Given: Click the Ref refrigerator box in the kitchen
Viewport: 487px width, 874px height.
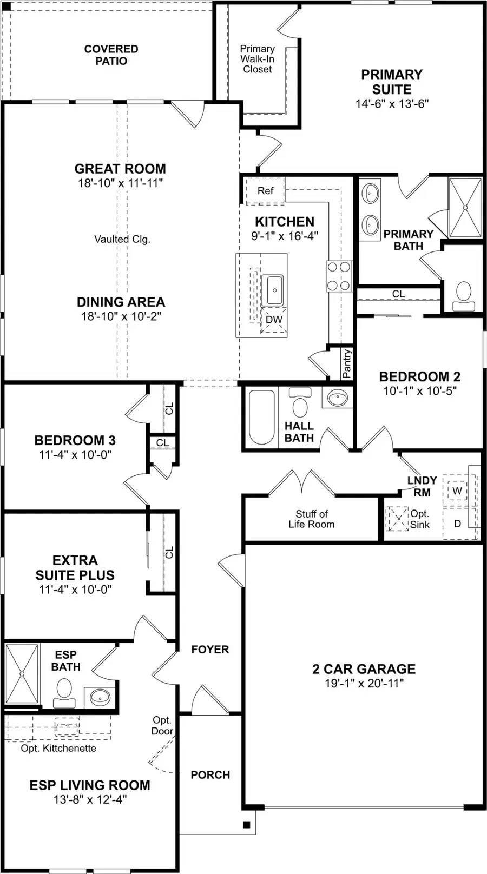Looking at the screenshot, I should tap(265, 191).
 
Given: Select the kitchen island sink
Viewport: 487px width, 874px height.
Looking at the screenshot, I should tap(274, 290).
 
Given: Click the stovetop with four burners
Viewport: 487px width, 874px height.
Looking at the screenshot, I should tap(339, 276).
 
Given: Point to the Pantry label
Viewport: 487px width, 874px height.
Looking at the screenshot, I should tap(347, 363).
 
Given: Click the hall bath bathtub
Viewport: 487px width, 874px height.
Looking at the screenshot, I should tap(262, 417).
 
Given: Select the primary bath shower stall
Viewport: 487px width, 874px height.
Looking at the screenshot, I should tap(465, 208).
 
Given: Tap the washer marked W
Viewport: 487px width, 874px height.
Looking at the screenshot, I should tap(457, 491).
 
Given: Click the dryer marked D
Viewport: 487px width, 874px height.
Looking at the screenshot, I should tap(457, 524).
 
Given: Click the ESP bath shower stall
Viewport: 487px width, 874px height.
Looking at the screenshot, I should tap(22, 674).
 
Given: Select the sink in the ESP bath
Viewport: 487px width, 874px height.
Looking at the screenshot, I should tap(100, 697).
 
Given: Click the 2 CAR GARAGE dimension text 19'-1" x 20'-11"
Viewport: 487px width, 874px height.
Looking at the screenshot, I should tap(364, 684).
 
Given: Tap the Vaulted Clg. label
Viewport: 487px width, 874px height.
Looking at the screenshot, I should tap(122, 239).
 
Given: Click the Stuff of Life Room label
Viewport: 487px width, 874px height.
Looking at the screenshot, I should tap(311, 519).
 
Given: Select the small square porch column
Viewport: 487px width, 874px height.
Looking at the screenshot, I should tap(246, 825).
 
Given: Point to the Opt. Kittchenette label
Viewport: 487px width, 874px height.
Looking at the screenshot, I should tap(58, 749).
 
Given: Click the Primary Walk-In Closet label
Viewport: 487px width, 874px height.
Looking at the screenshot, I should tap(258, 59).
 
